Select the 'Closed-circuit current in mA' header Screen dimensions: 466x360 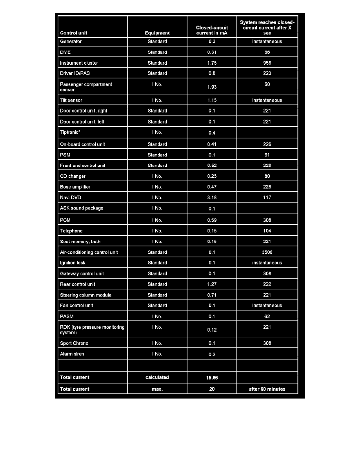[212, 30]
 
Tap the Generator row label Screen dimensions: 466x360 [71, 42]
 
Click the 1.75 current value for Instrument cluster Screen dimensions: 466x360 [212, 63]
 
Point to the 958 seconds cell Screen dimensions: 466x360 [267, 63]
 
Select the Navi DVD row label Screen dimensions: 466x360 [71, 198]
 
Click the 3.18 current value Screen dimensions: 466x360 [212, 198]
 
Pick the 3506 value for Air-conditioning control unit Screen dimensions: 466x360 [267, 252]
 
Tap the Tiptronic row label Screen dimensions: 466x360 [73, 133]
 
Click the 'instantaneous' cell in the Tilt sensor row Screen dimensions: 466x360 [267, 100]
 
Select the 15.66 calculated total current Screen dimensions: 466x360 [212, 378]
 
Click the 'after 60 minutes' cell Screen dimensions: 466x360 [267, 389]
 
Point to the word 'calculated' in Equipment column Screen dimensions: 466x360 [157, 377]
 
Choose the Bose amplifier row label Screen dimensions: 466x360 [75, 187]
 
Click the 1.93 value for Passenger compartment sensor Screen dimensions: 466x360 [212, 87]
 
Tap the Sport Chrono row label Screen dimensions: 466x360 [74, 343]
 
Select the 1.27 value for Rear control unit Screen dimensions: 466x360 [212, 284]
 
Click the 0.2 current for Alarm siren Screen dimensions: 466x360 [212, 355]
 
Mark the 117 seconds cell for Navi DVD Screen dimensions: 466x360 [267, 198]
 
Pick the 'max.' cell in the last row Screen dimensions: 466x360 [157, 389]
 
